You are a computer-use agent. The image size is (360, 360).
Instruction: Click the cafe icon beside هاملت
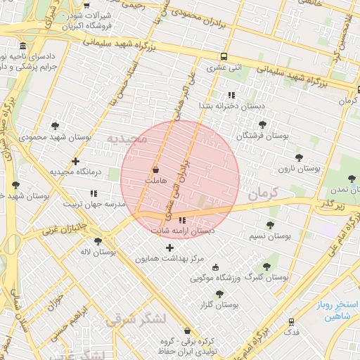tap(155, 169)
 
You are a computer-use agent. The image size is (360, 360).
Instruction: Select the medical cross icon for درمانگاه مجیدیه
tap(76, 161)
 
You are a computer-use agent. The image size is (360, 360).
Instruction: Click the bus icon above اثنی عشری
tap(224, 56)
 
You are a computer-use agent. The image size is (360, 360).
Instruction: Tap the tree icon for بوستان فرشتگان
tap(263, 124)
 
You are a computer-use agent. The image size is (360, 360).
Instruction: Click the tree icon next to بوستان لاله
tap(98, 240)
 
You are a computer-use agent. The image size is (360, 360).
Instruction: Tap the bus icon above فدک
tap(292, 321)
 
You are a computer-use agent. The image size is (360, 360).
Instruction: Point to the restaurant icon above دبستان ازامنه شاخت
tap(183, 221)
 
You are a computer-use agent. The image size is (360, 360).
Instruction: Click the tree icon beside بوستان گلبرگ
tap(266, 266)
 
